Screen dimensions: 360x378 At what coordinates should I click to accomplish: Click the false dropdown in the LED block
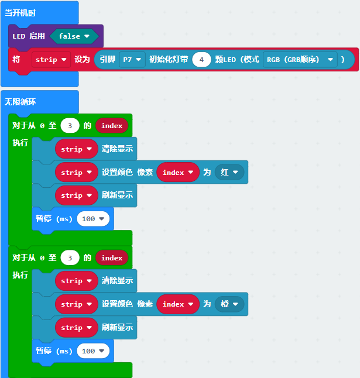74,36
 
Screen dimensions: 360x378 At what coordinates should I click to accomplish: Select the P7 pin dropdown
132,59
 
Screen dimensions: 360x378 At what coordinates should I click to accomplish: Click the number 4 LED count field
201,59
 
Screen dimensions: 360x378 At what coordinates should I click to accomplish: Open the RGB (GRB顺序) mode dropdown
300,59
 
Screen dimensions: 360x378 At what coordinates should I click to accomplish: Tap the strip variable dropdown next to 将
51,59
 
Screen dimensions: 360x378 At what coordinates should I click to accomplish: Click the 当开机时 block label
20,13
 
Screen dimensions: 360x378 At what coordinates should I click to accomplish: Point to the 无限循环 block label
20,102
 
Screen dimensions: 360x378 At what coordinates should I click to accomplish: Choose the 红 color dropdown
229,172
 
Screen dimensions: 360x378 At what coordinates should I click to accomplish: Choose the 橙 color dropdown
229,304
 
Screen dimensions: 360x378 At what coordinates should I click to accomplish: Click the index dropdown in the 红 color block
178,172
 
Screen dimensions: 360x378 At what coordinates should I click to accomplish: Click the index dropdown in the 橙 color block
178,304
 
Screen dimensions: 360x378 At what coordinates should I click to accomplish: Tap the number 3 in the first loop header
70,126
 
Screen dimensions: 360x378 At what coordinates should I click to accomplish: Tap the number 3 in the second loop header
70,257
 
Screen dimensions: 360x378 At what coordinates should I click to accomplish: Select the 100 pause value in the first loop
93,219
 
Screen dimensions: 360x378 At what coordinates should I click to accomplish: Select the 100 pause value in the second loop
93,350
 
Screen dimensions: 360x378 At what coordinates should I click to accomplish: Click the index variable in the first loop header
112,126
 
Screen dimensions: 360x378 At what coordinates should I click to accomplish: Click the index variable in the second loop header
112,257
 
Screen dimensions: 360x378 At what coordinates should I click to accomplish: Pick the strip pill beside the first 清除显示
77,149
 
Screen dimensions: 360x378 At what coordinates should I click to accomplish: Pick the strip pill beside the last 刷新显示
77,327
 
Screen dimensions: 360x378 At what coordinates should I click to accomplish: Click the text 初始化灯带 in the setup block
169,59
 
